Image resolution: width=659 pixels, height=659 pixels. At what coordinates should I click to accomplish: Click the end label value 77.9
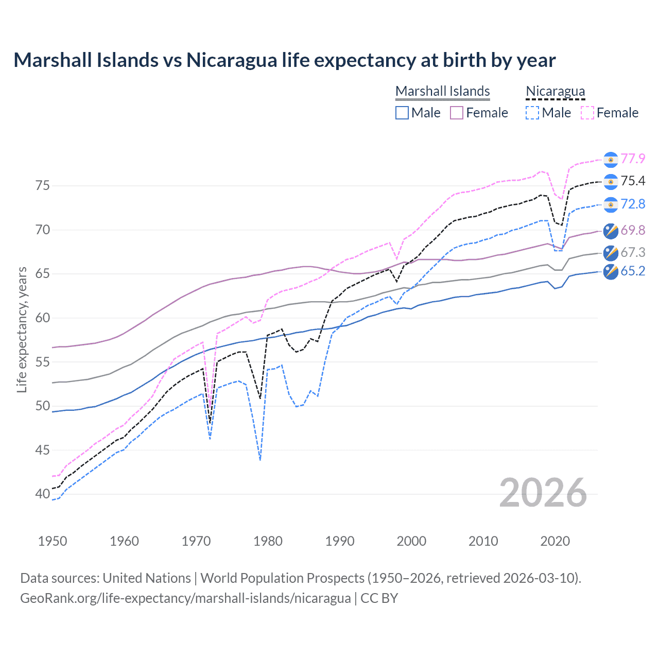tap(633, 159)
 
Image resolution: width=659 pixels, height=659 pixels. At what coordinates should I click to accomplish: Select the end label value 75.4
tap(633, 181)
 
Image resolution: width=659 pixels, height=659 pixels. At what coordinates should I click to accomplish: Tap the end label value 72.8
tap(633, 204)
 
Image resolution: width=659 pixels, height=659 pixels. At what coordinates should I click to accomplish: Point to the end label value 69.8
tap(633, 230)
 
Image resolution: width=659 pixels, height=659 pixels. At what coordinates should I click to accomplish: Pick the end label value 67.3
tap(633, 252)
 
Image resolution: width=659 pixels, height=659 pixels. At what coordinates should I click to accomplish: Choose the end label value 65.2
tap(633, 271)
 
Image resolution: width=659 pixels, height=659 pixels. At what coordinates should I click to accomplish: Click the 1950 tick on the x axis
tap(53, 541)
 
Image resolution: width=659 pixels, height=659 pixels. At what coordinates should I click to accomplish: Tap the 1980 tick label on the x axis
tap(268, 541)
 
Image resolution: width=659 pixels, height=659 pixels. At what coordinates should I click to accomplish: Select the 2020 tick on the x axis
tap(555, 541)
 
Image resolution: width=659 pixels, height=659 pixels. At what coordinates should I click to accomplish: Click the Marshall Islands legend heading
tap(442, 91)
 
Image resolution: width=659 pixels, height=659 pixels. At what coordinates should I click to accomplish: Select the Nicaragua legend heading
tap(555, 91)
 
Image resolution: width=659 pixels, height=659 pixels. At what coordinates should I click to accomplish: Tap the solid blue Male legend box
tap(402, 113)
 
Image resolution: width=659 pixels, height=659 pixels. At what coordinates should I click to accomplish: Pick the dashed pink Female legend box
tap(587, 113)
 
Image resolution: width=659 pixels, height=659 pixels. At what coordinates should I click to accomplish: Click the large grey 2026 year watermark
tap(543, 493)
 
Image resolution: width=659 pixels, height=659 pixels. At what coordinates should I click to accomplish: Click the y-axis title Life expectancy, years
tap(22, 329)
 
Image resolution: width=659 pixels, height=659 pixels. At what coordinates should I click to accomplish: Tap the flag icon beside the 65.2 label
tap(610, 271)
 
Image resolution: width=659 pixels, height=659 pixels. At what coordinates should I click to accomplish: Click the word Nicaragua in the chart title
tap(232, 60)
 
